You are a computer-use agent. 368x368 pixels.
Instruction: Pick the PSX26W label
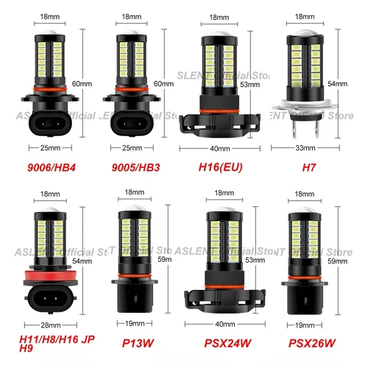pyautogui.click(x=311, y=342)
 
